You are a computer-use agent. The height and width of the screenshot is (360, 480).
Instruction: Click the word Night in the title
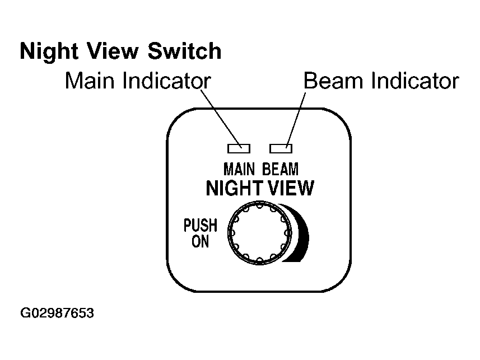click(x=48, y=52)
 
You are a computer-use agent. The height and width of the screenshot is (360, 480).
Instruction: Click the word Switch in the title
click(x=185, y=50)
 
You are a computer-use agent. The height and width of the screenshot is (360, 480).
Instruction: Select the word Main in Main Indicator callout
click(x=90, y=81)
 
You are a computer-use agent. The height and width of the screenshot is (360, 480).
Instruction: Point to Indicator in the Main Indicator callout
click(x=167, y=81)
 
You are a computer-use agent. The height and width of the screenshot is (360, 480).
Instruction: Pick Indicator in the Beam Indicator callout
click(x=415, y=81)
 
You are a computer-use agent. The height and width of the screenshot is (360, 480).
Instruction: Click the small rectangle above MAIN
click(x=239, y=148)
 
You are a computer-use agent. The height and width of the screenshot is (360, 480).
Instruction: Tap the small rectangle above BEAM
click(x=281, y=148)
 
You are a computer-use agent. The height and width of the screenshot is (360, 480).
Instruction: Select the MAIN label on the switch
click(x=239, y=169)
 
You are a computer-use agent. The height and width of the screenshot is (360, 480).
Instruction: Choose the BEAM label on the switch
click(x=280, y=169)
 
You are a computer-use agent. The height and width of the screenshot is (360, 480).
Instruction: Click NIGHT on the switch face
click(x=235, y=188)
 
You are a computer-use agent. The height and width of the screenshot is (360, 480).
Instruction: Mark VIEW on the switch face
click(x=291, y=188)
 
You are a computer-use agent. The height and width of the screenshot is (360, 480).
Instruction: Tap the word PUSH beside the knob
click(x=201, y=225)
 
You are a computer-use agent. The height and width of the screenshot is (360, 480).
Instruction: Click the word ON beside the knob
click(x=200, y=241)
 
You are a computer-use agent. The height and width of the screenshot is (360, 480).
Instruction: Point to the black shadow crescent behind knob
click(x=301, y=233)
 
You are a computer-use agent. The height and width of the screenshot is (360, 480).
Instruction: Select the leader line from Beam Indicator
click(x=296, y=120)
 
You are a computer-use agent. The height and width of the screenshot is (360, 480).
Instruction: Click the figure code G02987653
click(x=57, y=313)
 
